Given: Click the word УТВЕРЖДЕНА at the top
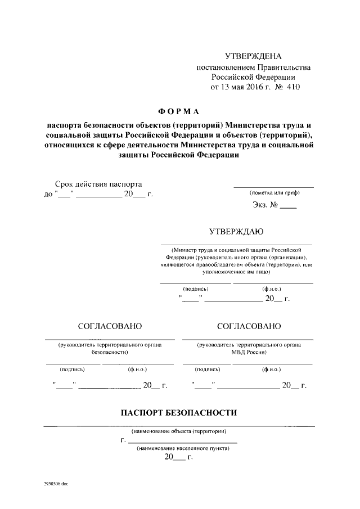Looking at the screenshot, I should tap(253, 56).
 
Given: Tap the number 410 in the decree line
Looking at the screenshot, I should tap(293, 87).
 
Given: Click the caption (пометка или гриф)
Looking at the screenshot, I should tap(274, 193).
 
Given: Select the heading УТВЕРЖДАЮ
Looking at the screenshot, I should tap(236, 231).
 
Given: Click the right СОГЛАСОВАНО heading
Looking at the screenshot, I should tap(248, 326).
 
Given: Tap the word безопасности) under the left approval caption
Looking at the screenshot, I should tap(110, 353).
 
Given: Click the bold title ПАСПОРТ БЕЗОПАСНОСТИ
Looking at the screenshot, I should tap(179, 413).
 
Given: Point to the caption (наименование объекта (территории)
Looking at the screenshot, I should tap(179, 432).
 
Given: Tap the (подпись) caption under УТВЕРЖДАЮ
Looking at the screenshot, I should tap(196, 289).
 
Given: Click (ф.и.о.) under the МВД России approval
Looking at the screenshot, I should tap(272, 370).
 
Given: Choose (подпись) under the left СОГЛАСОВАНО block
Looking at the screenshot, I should tap(72, 370).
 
